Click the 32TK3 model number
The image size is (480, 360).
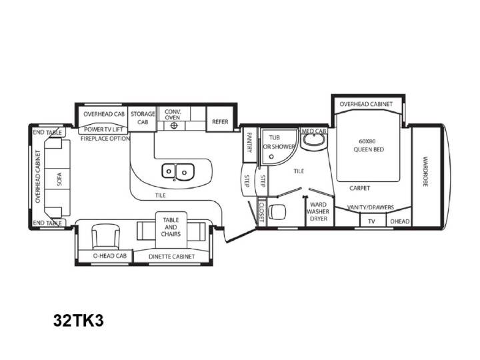[79, 321]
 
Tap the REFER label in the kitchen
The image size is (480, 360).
[220, 121]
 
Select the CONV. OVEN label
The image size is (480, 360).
[173, 114]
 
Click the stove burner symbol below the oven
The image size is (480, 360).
[174, 125]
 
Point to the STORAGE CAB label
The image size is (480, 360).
[143, 118]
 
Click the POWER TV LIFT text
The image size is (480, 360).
[103, 129]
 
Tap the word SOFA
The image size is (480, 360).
[59, 179]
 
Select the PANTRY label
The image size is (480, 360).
[249, 143]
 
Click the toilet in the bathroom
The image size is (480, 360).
[277, 211]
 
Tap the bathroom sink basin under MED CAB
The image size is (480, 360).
[313, 141]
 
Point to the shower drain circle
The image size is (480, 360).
[271, 157]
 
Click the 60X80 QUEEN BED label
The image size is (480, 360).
[368, 145]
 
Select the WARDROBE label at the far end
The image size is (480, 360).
[425, 171]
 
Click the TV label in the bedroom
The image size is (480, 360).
[371, 221]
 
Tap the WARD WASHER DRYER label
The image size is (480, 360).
[319, 211]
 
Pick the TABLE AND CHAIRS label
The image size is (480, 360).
[171, 227]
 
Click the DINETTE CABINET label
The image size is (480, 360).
[172, 257]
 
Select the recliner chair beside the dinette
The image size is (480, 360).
[106, 236]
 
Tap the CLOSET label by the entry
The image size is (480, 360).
[262, 212]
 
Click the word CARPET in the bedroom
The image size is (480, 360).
[360, 188]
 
